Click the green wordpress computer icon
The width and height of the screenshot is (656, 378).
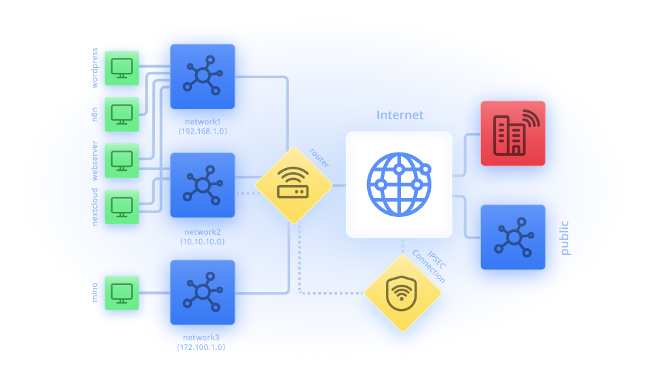(122, 68)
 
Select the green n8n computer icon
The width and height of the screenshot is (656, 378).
(122, 114)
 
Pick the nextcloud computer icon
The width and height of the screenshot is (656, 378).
(122, 207)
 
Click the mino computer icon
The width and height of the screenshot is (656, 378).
(122, 292)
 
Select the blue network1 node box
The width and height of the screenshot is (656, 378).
(202, 76)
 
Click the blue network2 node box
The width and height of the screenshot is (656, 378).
(202, 185)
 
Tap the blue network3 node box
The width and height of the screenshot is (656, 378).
(202, 292)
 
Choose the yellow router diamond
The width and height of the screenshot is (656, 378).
(294, 184)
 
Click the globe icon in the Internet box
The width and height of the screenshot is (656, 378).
(399, 184)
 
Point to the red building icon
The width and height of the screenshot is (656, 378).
(513, 133)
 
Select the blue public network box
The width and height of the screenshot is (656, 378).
(513, 237)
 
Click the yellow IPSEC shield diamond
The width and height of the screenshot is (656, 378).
(403, 293)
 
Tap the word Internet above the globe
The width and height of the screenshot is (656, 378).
(400, 115)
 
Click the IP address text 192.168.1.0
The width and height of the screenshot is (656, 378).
(202, 131)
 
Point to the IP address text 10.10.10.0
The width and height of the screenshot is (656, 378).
(202, 241)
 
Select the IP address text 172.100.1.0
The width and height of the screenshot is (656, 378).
(202, 347)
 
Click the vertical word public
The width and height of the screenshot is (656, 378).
(564, 237)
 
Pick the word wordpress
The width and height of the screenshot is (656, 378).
(94, 68)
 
